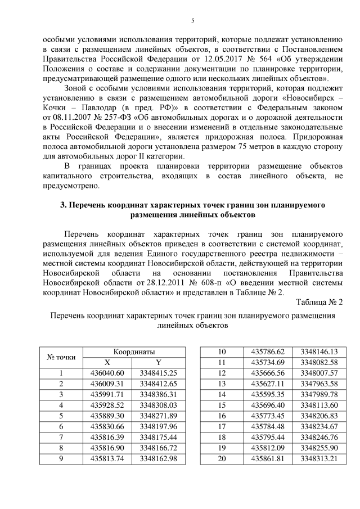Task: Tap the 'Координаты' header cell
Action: (131, 350)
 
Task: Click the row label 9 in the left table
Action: (61, 458)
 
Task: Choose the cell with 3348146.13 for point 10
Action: (319, 350)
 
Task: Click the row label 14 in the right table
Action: (222, 394)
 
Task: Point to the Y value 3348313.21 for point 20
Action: (319, 458)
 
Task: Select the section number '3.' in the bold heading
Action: (64, 205)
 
